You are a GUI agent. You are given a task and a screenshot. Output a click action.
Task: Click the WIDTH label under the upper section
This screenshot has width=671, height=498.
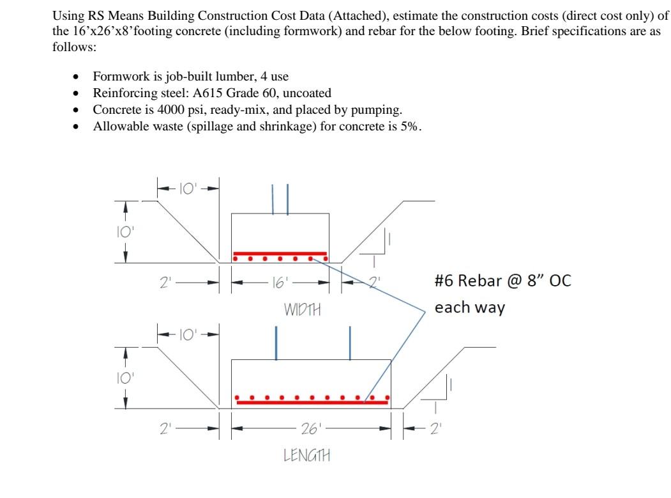[x=302, y=310]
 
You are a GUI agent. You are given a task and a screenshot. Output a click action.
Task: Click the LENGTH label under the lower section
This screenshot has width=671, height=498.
[x=307, y=455]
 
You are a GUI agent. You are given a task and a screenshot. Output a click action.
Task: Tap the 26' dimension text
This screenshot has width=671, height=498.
[x=310, y=428]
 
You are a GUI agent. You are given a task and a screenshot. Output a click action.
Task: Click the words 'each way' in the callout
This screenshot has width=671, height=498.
[x=469, y=307]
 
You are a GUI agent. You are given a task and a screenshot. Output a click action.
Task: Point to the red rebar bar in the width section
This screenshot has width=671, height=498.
[x=280, y=253]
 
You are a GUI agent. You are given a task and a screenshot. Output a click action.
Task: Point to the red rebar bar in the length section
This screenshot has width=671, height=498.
[x=312, y=402]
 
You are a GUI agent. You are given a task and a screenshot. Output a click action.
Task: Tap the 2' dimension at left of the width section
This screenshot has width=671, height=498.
[x=167, y=281]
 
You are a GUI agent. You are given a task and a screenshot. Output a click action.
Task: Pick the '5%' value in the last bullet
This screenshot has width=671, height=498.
[x=409, y=126]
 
